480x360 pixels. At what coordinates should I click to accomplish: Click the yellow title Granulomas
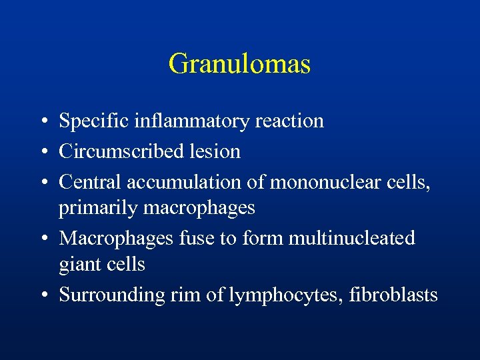[239, 65]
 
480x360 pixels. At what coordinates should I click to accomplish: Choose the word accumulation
[181, 181]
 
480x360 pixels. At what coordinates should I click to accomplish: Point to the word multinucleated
[353, 238]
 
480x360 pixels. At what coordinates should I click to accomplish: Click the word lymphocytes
[283, 295]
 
